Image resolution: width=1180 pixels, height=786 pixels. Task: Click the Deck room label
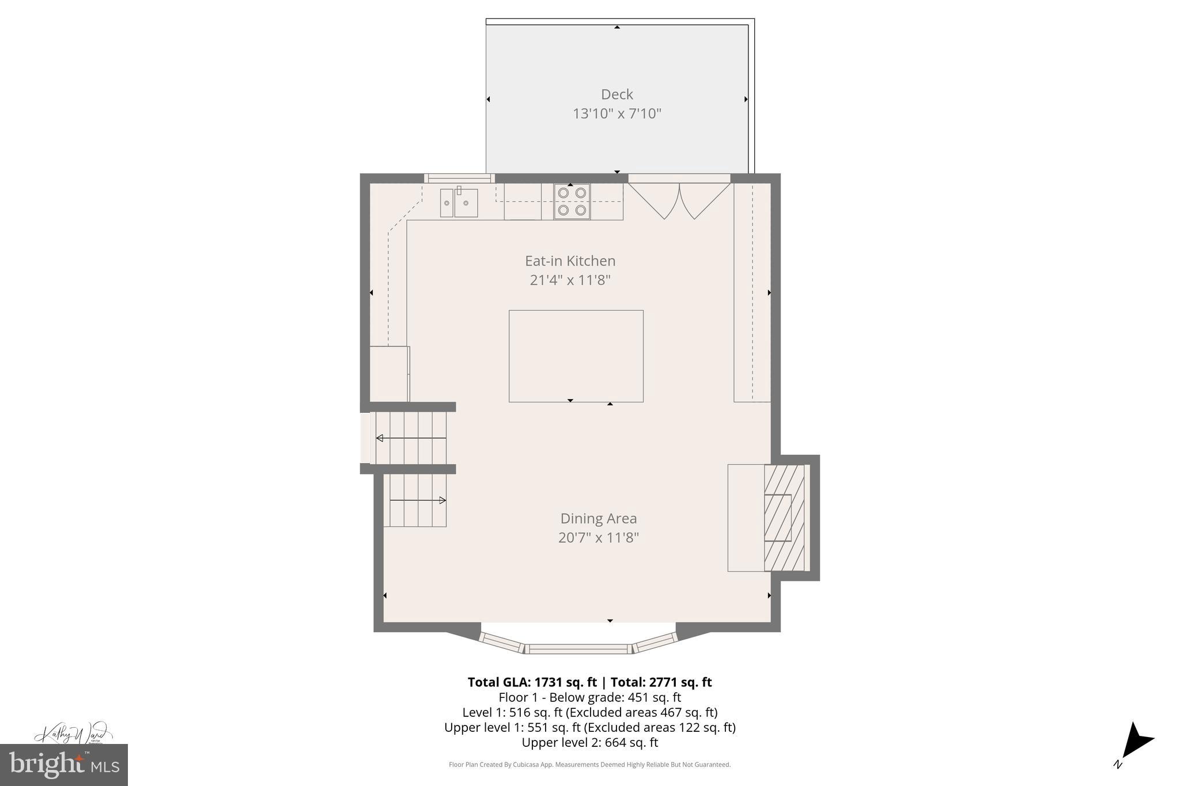point(617,94)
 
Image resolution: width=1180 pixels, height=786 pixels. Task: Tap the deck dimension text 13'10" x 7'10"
point(617,113)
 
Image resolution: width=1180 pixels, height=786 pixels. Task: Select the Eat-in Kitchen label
point(570,261)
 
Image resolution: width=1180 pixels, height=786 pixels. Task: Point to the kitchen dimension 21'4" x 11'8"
point(570,280)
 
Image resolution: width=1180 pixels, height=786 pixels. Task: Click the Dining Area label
point(599,518)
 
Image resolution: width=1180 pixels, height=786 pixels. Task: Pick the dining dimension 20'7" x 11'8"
point(599,538)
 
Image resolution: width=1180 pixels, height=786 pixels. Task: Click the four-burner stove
point(572,202)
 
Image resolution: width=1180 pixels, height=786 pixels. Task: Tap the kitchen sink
point(459,203)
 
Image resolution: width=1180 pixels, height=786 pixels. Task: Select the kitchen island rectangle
point(576,356)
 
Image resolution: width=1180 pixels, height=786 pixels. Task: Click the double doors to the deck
point(679,199)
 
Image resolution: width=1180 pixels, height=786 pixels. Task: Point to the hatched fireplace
point(784,518)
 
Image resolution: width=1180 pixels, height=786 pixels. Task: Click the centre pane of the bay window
point(578,649)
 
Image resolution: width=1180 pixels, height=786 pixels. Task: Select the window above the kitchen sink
point(459,179)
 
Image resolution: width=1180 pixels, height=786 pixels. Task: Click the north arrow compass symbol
point(1136,749)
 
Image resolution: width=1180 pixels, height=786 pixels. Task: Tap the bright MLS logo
point(64,765)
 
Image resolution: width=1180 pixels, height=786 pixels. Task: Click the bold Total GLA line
point(589,682)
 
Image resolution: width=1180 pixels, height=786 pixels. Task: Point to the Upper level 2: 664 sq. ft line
point(589,743)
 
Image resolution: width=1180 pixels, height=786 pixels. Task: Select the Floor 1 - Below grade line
point(589,697)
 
